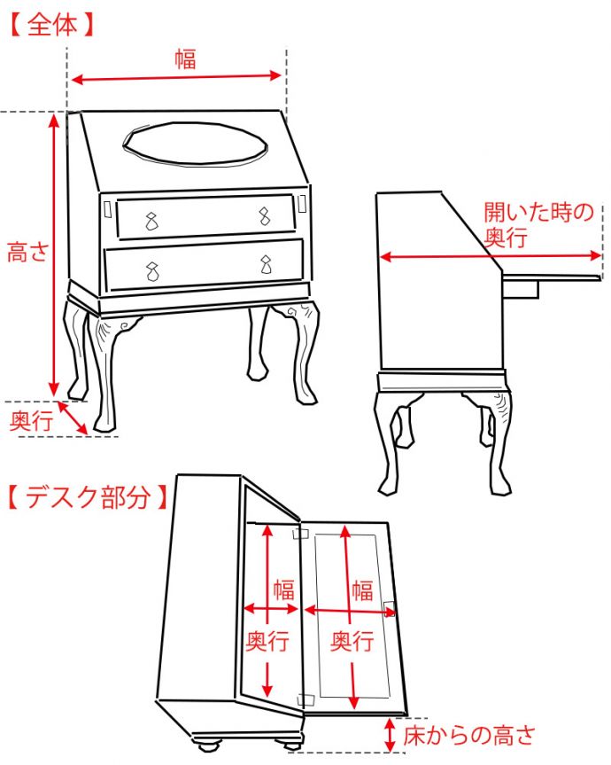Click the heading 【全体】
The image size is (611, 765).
[51, 24]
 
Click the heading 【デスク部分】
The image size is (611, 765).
[87, 496]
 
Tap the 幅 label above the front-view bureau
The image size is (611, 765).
[184, 59]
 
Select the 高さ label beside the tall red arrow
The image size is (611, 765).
[27, 253]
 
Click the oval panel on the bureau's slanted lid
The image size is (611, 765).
[193, 144]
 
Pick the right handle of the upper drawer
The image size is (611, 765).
[264, 215]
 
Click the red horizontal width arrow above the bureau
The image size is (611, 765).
[176, 79]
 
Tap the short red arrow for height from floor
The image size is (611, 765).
[391, 734]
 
